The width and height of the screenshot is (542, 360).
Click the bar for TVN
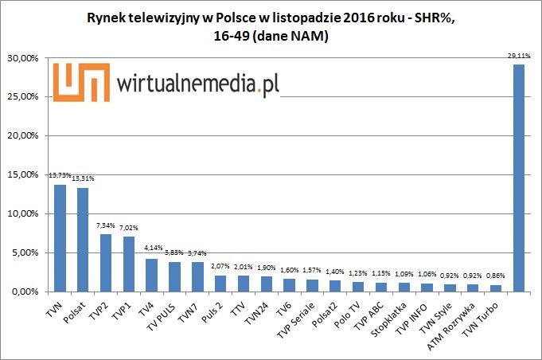60,238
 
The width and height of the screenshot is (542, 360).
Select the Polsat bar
83,240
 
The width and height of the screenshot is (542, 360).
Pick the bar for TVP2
106,263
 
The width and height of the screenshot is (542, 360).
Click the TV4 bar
151,275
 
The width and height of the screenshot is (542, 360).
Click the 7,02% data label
129,229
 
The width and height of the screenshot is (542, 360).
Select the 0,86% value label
496,276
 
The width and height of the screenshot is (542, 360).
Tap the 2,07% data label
220,267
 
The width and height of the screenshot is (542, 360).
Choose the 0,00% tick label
25,292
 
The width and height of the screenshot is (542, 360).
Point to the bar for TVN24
267,284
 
